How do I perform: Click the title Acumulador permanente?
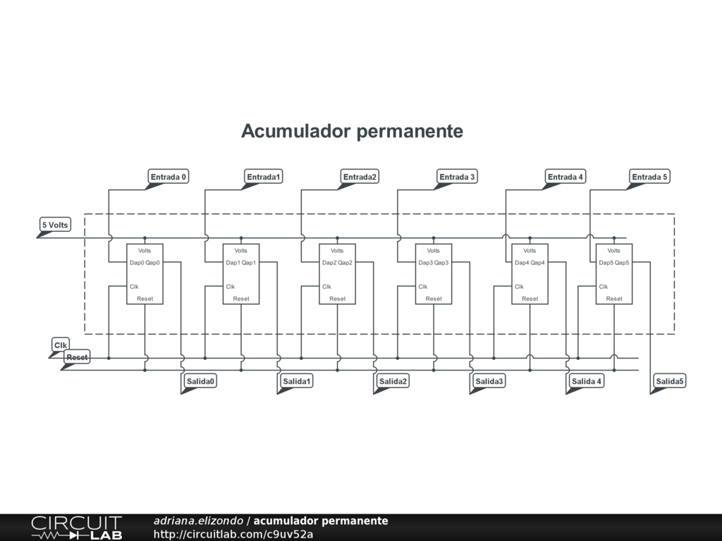[x=352, y=131]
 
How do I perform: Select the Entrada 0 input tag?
[x=169, y=177]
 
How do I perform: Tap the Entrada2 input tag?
[x=360, y=177]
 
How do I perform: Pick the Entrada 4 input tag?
[x=565, y=177]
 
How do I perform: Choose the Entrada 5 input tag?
[x=649, y=177]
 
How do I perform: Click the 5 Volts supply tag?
[x=55, y=225]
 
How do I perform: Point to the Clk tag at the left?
[x=61, y=345]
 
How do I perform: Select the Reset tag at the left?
[x=77, y=358]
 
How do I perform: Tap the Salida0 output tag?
[x=200, y=381]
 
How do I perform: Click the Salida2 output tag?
[x=393, y=381]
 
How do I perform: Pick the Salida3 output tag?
[x=489, y=381]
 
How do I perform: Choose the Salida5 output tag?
[x=670, y=381]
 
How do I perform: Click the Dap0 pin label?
[x=137, y=263]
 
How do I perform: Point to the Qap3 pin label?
[x=441, y=263]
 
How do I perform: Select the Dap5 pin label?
[x=606, y=263]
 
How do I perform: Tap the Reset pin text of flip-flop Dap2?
[x=337, y=299]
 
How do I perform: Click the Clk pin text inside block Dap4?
[x=519, y=287]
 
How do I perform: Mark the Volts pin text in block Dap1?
[x=241, y=251]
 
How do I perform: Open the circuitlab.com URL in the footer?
[x=233, y=534]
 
